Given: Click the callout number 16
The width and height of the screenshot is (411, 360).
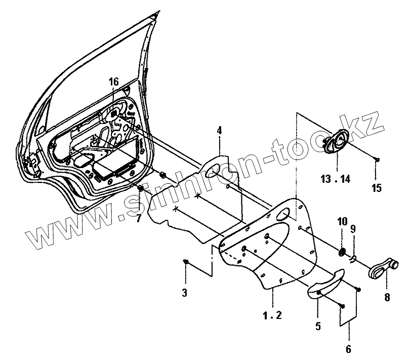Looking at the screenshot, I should click(113, 82).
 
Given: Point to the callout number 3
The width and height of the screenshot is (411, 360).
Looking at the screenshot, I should click(185, 293).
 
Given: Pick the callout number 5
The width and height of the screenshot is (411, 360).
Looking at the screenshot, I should click(318, 327).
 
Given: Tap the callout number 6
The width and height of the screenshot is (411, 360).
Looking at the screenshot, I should click(349, 349).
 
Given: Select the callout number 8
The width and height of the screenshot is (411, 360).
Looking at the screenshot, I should click(387, 298).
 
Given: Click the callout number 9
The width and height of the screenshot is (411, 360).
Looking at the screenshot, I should click(353, 229).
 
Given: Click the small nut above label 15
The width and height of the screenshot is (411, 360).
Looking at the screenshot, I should click(377, 160).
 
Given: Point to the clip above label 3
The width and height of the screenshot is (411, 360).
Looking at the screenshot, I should click(186, 261).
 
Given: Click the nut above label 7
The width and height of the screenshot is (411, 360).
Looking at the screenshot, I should click(140, 188).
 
